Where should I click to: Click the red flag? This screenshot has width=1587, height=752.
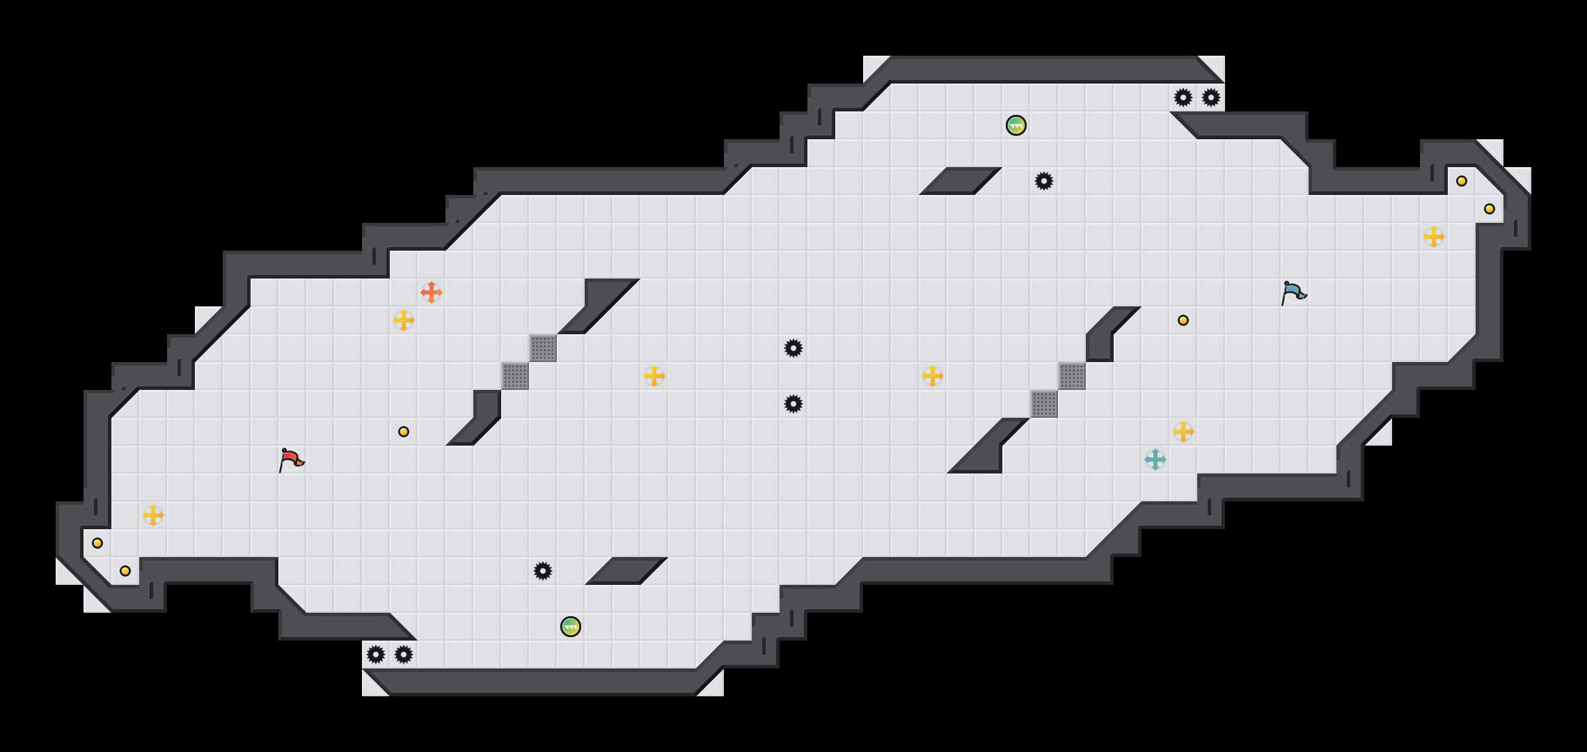[291, 460]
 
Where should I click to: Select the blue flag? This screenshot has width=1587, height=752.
[1293, 292]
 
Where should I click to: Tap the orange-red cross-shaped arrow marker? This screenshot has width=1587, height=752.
[432, 292]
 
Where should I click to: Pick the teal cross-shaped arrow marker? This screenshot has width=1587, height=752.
[1155, 460]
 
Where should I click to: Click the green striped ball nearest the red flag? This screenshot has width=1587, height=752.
[571, 627]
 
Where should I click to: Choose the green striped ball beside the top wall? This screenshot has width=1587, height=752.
[1016, 125]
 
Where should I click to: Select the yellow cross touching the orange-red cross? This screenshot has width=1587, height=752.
[404, 320]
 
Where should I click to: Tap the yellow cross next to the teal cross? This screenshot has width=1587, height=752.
[1183, 432]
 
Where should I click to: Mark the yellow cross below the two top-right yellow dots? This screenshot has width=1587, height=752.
[1434, 237]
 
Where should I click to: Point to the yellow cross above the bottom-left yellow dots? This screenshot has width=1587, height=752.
[153, 515]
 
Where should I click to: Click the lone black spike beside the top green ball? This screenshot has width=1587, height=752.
[1044, 181]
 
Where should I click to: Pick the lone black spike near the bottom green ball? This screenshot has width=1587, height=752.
[543, 571]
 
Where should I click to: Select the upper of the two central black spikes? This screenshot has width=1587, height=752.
[793, 348]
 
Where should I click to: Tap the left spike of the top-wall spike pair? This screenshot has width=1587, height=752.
[1183, 97]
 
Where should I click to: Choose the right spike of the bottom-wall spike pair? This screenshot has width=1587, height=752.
[404, 655]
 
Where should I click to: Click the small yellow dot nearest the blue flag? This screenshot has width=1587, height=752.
[1183, 320]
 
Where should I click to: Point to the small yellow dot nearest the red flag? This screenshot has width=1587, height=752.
[404, 432]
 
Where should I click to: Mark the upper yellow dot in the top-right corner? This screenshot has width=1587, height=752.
[1462, 181]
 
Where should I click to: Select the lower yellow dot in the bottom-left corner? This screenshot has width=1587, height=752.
[125, 571]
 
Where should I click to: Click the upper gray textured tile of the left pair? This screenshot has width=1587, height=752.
[543, 348]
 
